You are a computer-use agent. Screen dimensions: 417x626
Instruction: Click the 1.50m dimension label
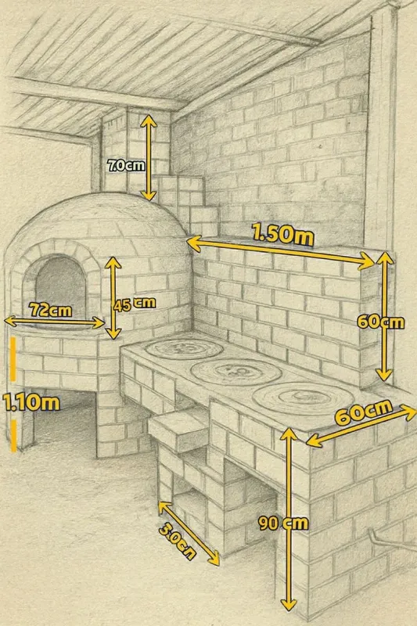click(x=282, y=234)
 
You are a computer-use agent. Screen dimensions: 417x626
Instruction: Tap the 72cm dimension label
click(x=51, y=310)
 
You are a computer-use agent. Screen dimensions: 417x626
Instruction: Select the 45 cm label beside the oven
click(x=134, y=304)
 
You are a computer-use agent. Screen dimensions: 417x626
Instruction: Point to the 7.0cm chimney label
click(x=126, y=164)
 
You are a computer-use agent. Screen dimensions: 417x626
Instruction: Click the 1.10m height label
click(x=31, y=402)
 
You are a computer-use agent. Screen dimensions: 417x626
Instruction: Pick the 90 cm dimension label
click(x=283, y=523)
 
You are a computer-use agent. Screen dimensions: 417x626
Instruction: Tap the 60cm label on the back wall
click(x=381, y=322)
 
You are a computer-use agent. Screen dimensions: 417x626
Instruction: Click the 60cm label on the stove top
click(x=364, y=413)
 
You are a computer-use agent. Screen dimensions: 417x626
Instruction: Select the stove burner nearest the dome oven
click(x=184, y=348)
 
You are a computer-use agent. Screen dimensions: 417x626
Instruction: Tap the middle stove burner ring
click(x=235, y=371)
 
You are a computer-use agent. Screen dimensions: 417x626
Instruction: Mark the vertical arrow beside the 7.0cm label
click(x=149, y=158)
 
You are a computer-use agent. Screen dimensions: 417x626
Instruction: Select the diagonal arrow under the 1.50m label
click(x=281, y=251)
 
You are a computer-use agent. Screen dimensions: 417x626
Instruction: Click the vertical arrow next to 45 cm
click(x=113, y=298)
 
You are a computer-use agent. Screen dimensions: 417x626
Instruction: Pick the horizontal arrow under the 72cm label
click(x=55, y=322)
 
